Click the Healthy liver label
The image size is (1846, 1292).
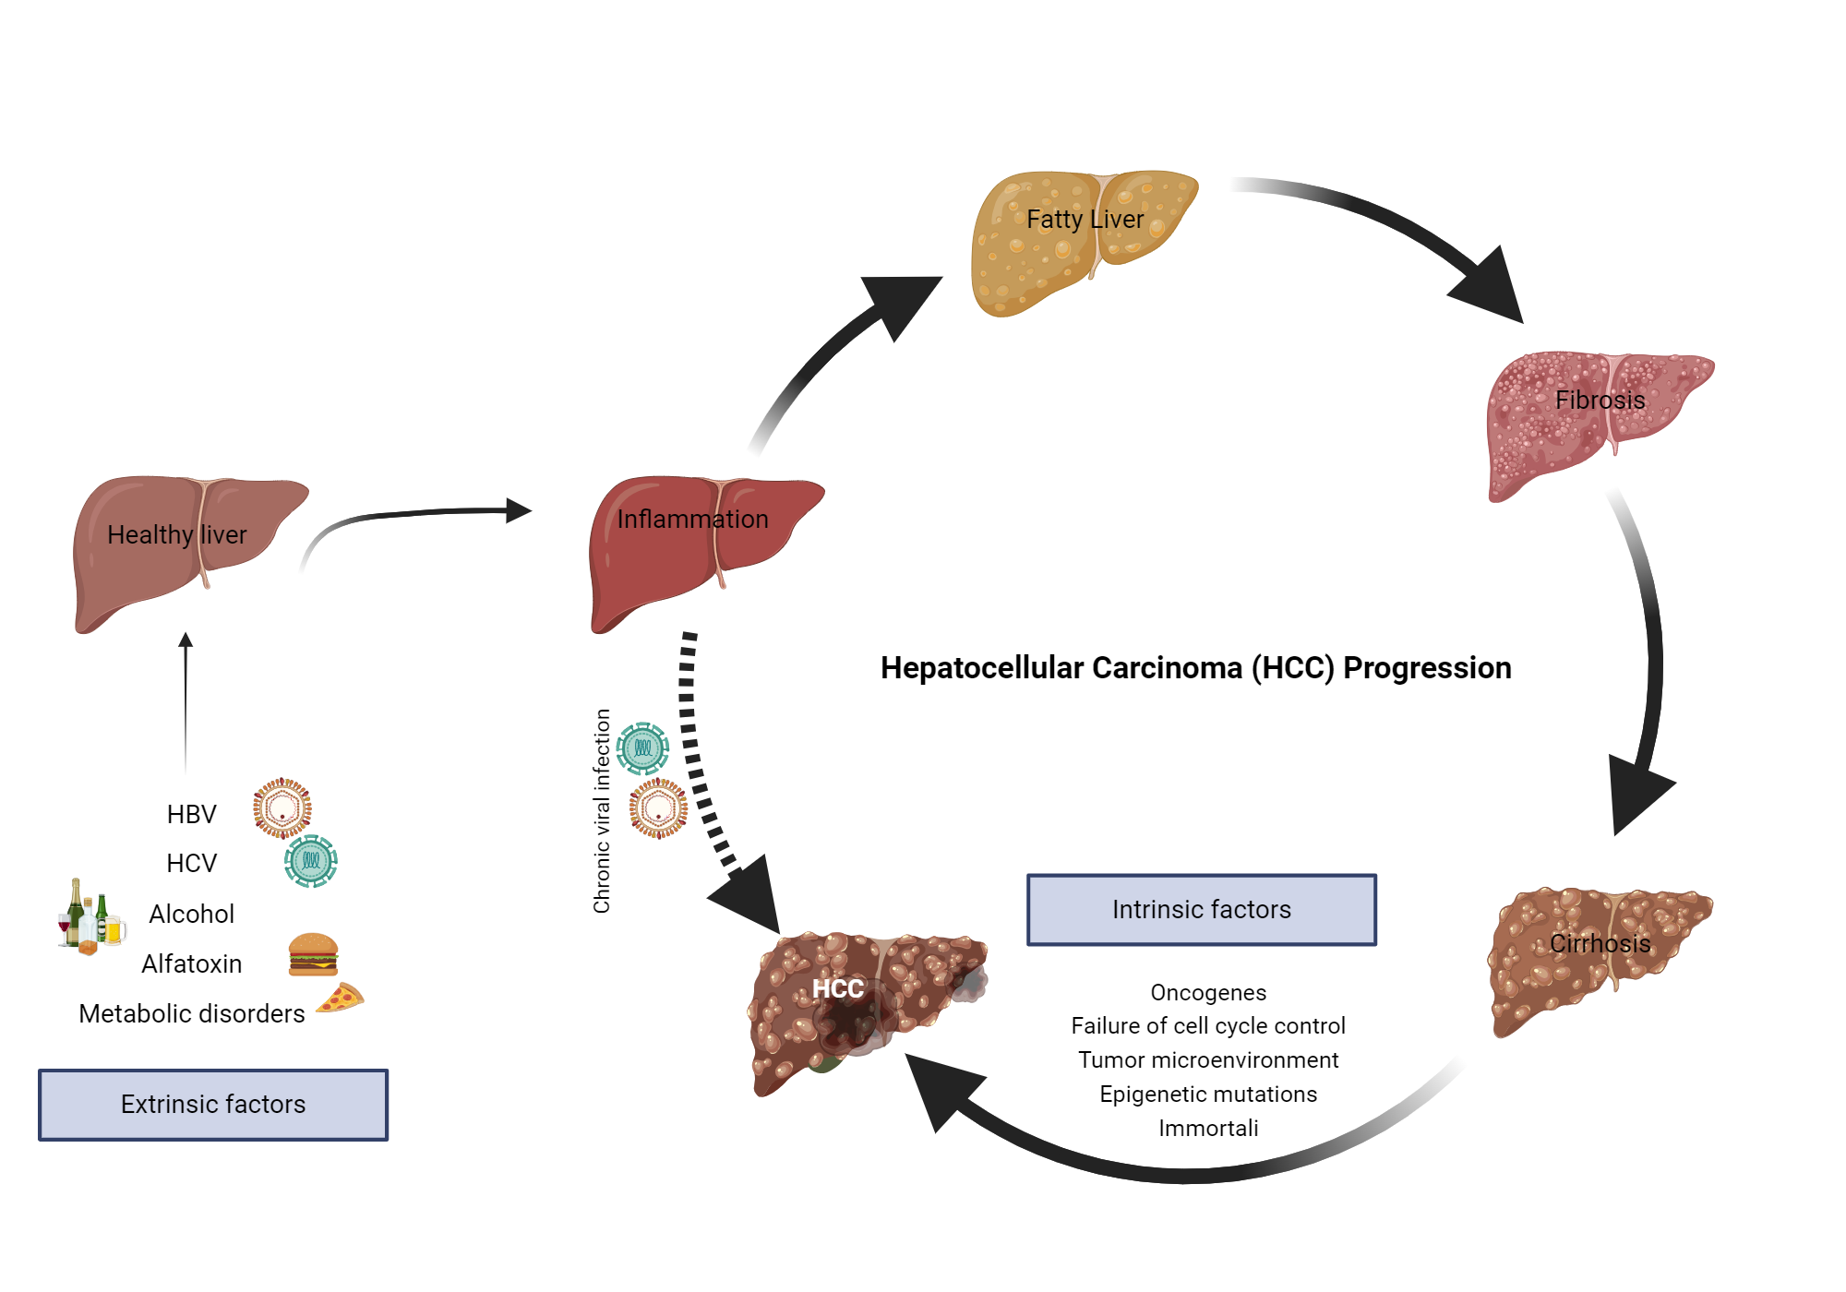[x=176, y=534]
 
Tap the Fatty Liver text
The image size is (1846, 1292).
[x=1085, y=220]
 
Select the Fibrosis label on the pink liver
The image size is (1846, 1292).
[x=1600, y=401]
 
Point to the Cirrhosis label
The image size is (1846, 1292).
[x=1600, y=943]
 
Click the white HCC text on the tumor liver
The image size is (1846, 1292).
[x=837, y=989]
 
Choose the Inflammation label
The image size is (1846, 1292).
[x=692, y=520]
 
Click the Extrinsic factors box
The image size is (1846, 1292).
[x=213, y=1105]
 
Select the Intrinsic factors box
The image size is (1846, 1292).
[x=1201, y=910]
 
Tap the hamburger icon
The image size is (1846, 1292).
[x=313, y=954]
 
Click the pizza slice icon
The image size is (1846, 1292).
[x=341, y=999]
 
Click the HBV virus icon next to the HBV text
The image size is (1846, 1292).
[x=282, y=807]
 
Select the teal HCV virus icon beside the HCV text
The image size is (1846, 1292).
[x=311, y=861]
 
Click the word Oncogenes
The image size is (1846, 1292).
[x=1207, y=993]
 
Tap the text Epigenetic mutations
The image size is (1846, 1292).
[x=1207, y=1095]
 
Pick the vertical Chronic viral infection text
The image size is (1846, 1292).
[x=602, y=810]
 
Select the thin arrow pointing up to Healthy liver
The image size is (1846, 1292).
[x=186, y=701]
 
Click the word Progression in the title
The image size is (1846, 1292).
[x=1426, y=668]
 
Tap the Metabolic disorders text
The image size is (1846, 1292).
[x=191, y=1014]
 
